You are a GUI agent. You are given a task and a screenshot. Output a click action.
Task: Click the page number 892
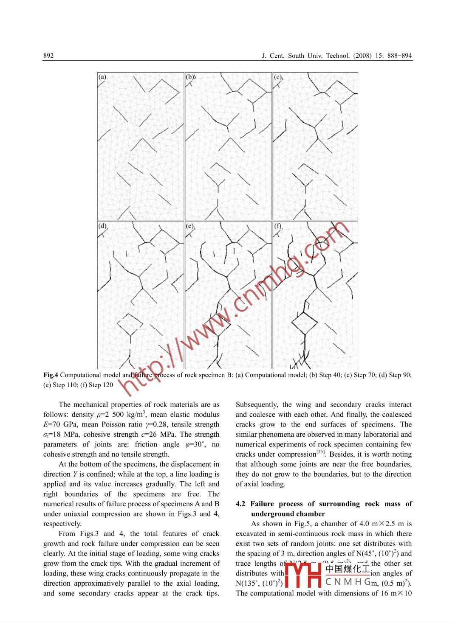(48, 56)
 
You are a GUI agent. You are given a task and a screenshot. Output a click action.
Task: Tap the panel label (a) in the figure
(102, 77)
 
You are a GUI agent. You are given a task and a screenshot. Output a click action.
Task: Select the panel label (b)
(189, 77)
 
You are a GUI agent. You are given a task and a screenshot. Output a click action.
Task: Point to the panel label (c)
(277, 77)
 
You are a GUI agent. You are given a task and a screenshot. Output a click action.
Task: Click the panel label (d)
(102, 226)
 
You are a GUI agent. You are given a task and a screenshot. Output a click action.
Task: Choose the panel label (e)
(189, 226)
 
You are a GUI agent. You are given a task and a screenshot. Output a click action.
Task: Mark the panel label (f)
(277, 226)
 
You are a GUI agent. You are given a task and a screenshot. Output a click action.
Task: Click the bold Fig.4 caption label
(51, 375)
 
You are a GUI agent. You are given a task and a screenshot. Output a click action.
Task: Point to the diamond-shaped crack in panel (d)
(129, 325)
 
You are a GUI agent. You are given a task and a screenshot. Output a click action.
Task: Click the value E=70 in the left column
(55, 424)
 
